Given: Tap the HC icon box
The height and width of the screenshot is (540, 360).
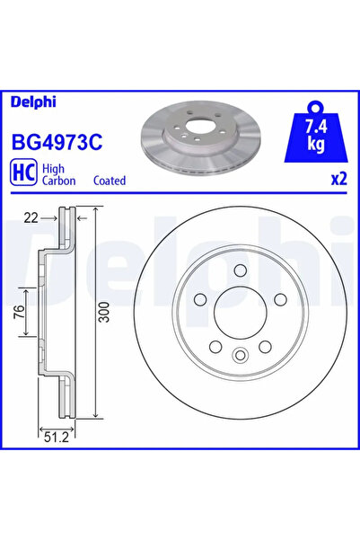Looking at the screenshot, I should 22,173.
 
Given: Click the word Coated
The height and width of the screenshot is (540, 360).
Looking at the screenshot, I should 110,180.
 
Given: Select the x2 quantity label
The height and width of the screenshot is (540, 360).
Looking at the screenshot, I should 338,179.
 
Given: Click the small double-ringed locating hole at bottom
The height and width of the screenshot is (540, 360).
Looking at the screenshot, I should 239,357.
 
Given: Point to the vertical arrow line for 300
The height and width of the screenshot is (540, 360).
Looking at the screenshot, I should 96,314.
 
